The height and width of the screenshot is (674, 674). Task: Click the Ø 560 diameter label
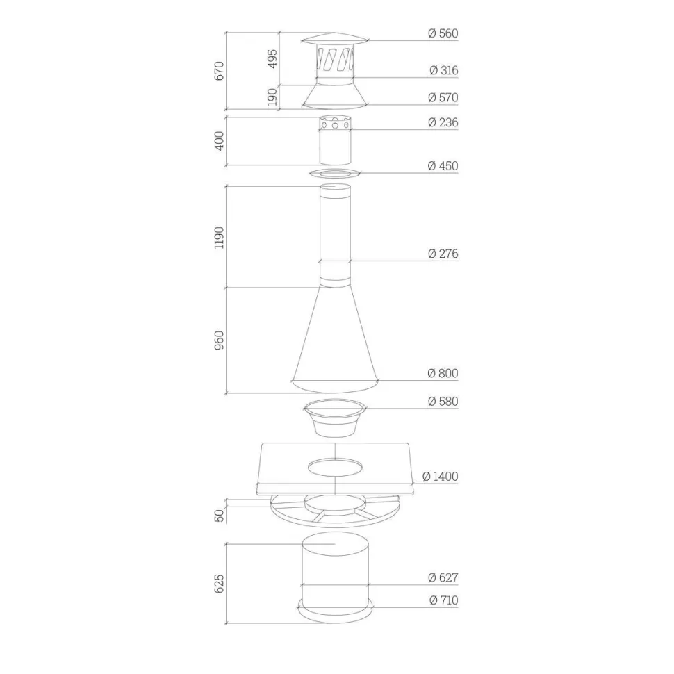tap(443, 33)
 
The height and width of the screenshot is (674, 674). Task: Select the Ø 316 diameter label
tap(444, 70)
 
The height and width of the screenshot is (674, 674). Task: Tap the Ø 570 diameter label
tap(443, 97)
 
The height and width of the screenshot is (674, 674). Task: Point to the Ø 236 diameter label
tap(443, 122)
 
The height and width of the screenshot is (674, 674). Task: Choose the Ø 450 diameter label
tap(443, 166)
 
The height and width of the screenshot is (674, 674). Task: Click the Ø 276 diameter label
tap(443, 254)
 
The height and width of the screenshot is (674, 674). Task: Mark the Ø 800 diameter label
tap(443, 373)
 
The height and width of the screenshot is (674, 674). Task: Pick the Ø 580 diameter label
tap(443, 401)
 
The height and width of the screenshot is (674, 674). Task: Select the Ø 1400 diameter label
tap(441, 476)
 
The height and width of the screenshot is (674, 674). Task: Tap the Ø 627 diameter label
tap(443, 577)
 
